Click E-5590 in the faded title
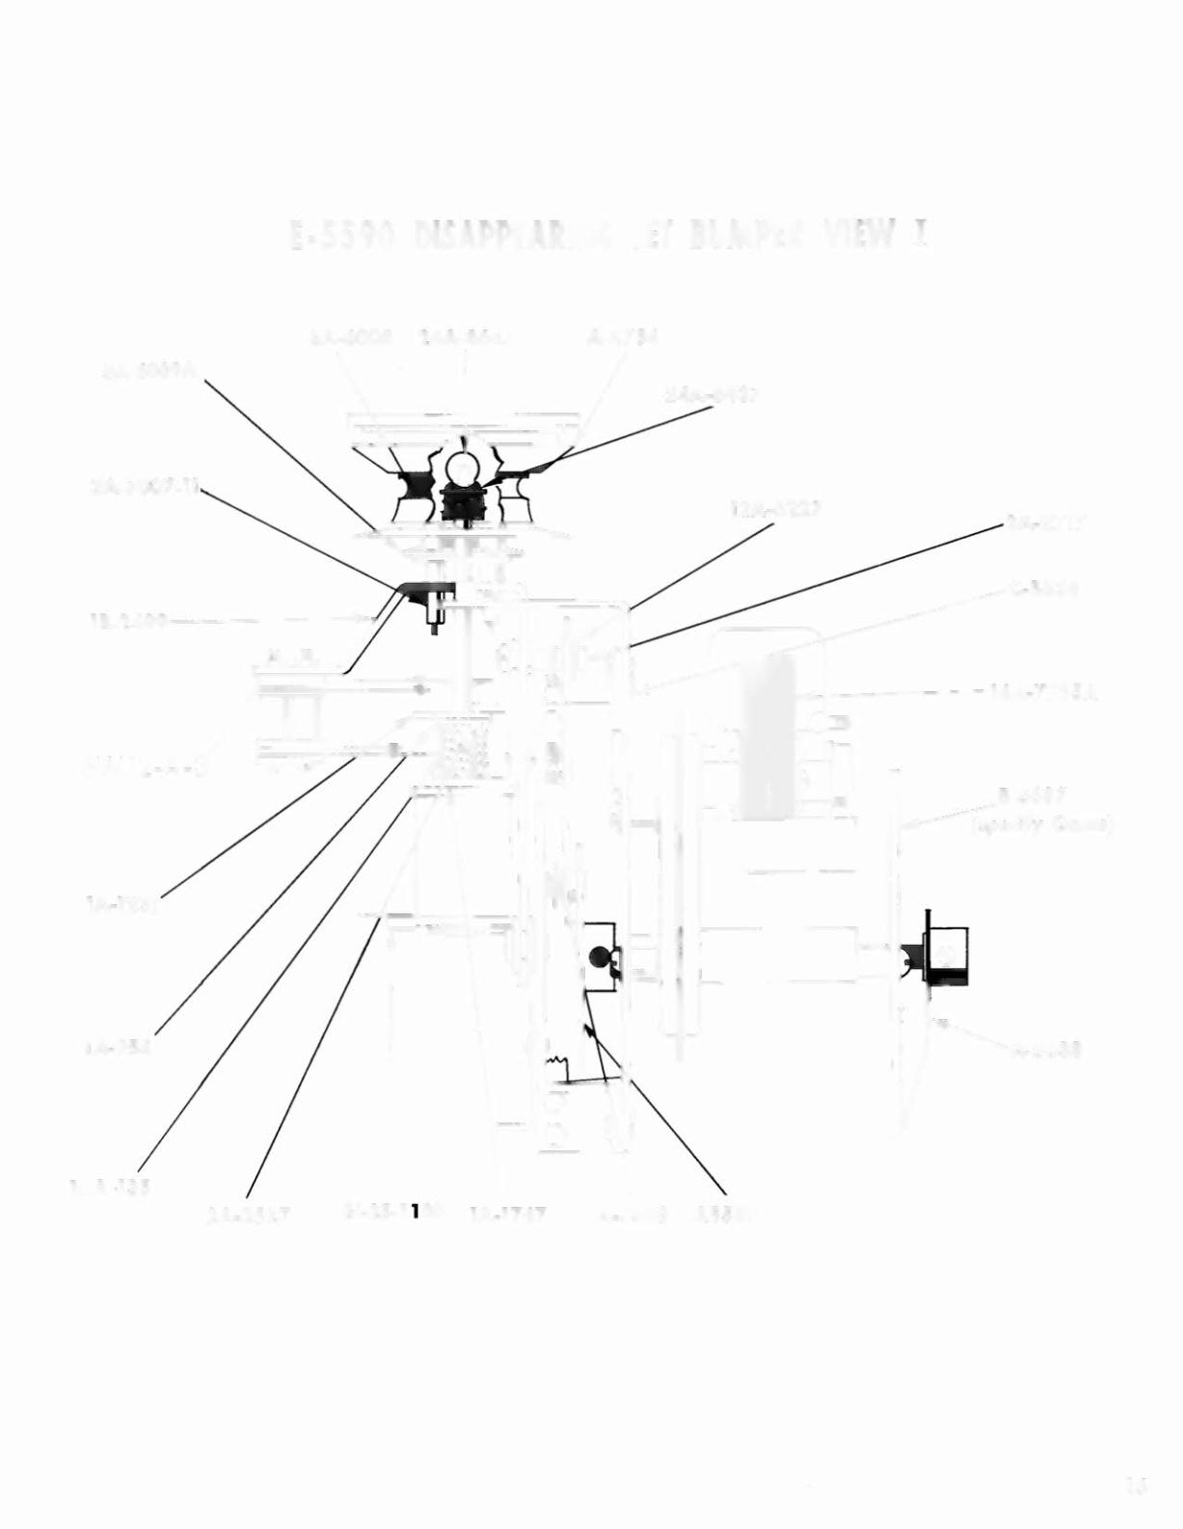click(x=343, y=235)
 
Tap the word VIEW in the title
click(x=862, y=234)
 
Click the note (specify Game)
click(x=1042, y=825)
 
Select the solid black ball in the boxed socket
click(x=598, y=956)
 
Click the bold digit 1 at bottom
click(x=415, y=1212)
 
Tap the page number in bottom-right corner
click(x=1137, y=1485)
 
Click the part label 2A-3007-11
click(x=145, y=487)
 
